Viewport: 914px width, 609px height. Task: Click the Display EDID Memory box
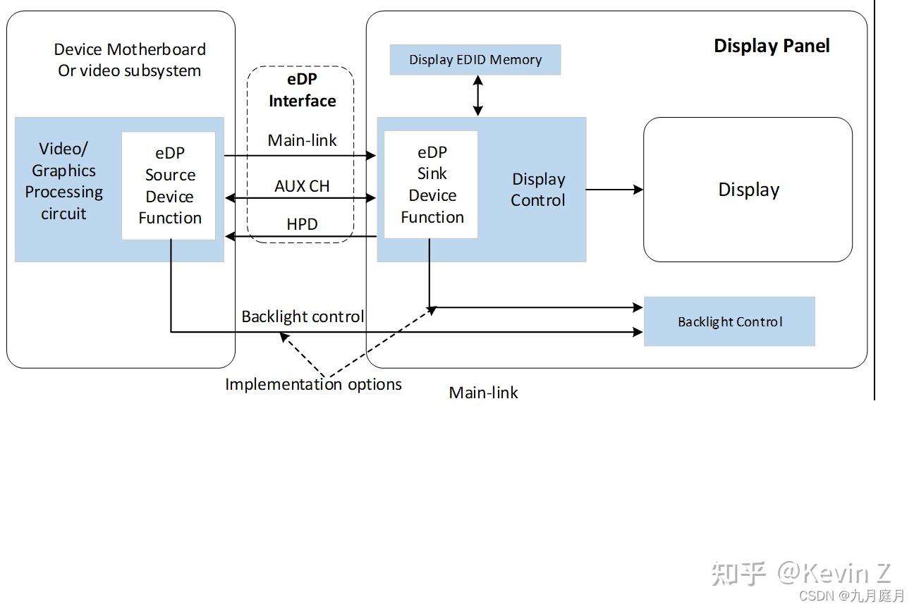(475, 60)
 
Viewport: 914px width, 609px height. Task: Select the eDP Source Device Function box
(169, 185)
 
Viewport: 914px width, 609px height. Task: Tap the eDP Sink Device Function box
(432, 185)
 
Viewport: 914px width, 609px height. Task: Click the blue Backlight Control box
(729, 321)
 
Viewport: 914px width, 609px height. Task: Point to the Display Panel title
(772, 46)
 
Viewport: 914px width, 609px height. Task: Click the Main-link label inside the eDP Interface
(302, 140)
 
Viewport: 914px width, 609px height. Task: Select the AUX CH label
(302, 186)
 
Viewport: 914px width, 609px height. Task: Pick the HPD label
(302, 224)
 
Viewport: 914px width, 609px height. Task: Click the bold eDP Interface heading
(302, 90)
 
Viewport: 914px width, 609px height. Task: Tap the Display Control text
(538, 190)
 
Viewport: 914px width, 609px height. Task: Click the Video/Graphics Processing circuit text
(63, 181)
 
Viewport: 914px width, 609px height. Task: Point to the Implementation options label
(313, 384)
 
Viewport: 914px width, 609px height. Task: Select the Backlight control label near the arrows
(303, 316)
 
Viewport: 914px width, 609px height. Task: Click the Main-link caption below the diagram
(483, 393)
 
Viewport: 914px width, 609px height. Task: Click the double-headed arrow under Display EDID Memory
(478, 95)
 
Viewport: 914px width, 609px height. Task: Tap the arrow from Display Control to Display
(614, 189)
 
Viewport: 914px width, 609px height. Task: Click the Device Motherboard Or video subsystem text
(130, 60)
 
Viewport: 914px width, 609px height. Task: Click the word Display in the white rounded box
(748, 190)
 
